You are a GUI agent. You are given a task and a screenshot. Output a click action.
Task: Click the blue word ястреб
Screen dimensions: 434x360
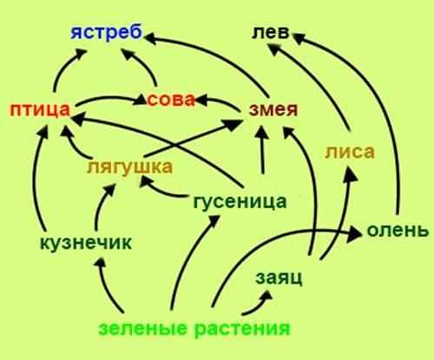(107, 32)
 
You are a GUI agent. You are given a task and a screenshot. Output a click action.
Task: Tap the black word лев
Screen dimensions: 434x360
(271, 32)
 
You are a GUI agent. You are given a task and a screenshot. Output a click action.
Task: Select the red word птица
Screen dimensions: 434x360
(40, 110)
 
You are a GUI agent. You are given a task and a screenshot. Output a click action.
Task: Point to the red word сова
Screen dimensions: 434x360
(171, 100)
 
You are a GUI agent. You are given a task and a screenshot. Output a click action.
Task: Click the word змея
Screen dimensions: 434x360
(273, 110)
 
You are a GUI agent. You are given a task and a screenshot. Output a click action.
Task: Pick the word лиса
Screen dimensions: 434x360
(350, 152)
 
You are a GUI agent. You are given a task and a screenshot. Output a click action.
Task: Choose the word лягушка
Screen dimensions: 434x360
(130, 167)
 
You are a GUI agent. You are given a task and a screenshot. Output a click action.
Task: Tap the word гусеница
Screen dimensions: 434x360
(240, 202)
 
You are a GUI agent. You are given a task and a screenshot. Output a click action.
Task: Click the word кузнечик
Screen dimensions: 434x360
(86, 243)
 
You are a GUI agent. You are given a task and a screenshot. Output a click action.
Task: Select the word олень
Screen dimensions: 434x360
(398, 231)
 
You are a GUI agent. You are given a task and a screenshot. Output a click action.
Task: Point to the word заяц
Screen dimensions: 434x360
(279, 278)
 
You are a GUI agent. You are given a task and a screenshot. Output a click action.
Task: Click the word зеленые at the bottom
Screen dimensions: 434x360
(143, 329)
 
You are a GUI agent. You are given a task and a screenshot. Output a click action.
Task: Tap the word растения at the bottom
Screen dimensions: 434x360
(242, 329)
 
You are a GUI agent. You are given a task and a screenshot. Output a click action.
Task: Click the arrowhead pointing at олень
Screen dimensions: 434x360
(355, 233)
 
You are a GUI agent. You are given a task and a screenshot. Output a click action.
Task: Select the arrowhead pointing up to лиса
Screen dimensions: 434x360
(351, 173)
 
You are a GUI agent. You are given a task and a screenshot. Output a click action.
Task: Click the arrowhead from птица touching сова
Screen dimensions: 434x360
(140, 100)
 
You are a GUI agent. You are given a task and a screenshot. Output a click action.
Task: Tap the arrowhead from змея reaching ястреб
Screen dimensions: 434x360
(150, 38)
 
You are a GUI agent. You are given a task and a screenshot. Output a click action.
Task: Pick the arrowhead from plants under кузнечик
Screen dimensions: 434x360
(100, 263)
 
